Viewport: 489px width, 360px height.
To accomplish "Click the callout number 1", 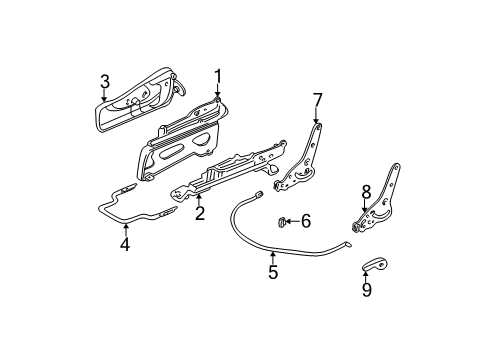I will coord(217,75).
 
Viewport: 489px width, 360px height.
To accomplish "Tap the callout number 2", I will coord(199,213).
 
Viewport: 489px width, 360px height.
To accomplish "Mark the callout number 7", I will coord(318,99).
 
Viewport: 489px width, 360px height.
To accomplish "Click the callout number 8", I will coord(366,190).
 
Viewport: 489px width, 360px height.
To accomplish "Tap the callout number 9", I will coord(367,291).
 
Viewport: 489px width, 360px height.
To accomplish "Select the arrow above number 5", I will coord(272,255).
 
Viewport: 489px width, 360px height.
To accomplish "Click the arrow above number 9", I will coord(367,275).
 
